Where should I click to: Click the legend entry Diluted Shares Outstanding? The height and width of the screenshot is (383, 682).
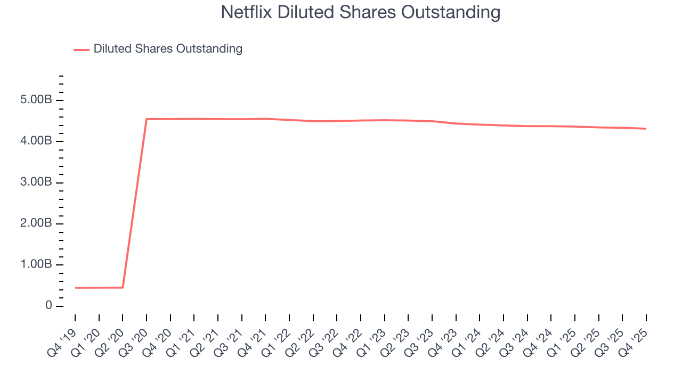(x=168, y=49)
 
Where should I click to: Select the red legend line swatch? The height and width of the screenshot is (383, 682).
(x=82, y=49)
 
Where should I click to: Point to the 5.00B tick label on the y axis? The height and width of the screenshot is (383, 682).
(x=37, y=101)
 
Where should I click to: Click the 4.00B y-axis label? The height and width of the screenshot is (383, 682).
(x=37, y=141)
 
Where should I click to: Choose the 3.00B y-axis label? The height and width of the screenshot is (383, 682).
(x=37, y=182)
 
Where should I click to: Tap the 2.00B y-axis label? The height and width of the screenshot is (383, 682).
(x=37, y=223)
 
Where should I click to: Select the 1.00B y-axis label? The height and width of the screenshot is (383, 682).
(x=37, y=265)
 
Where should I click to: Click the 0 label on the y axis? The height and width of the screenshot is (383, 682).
(x=49, y=306)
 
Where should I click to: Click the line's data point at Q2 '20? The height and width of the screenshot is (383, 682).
(x=123, y=287)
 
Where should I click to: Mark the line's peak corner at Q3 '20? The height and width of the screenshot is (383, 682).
(x=147, y=119)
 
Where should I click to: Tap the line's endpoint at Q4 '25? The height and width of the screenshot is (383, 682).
(x=646, y=129)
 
